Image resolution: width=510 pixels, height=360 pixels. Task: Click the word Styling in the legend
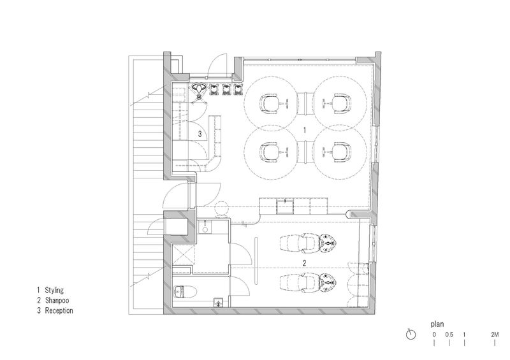coord(54,290)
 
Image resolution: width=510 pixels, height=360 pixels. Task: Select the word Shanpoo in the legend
coord(57,301)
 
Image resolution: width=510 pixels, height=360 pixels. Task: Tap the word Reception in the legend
coord(59,310)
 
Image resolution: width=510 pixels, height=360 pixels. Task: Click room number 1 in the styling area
coord(305,131)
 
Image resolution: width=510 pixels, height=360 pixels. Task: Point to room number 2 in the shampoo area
coord(305,263)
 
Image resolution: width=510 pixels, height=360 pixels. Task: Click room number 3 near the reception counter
coord(200,134)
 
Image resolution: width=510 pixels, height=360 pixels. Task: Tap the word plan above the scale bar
coord(437,324)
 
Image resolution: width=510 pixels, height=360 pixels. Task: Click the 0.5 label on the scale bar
coord(449,335)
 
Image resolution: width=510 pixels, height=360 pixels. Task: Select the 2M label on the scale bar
coord(495,335)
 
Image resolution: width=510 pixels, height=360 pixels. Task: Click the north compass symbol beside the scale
coord(411,335)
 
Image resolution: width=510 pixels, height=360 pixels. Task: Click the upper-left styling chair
coord(270,104)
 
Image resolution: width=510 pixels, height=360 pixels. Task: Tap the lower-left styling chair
coord(270,152)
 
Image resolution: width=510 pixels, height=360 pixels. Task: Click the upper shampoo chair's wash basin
coord(328,242)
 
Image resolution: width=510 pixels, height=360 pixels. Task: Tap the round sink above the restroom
coord(205,229)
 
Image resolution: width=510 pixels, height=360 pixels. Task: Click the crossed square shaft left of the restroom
coord(182,256)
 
